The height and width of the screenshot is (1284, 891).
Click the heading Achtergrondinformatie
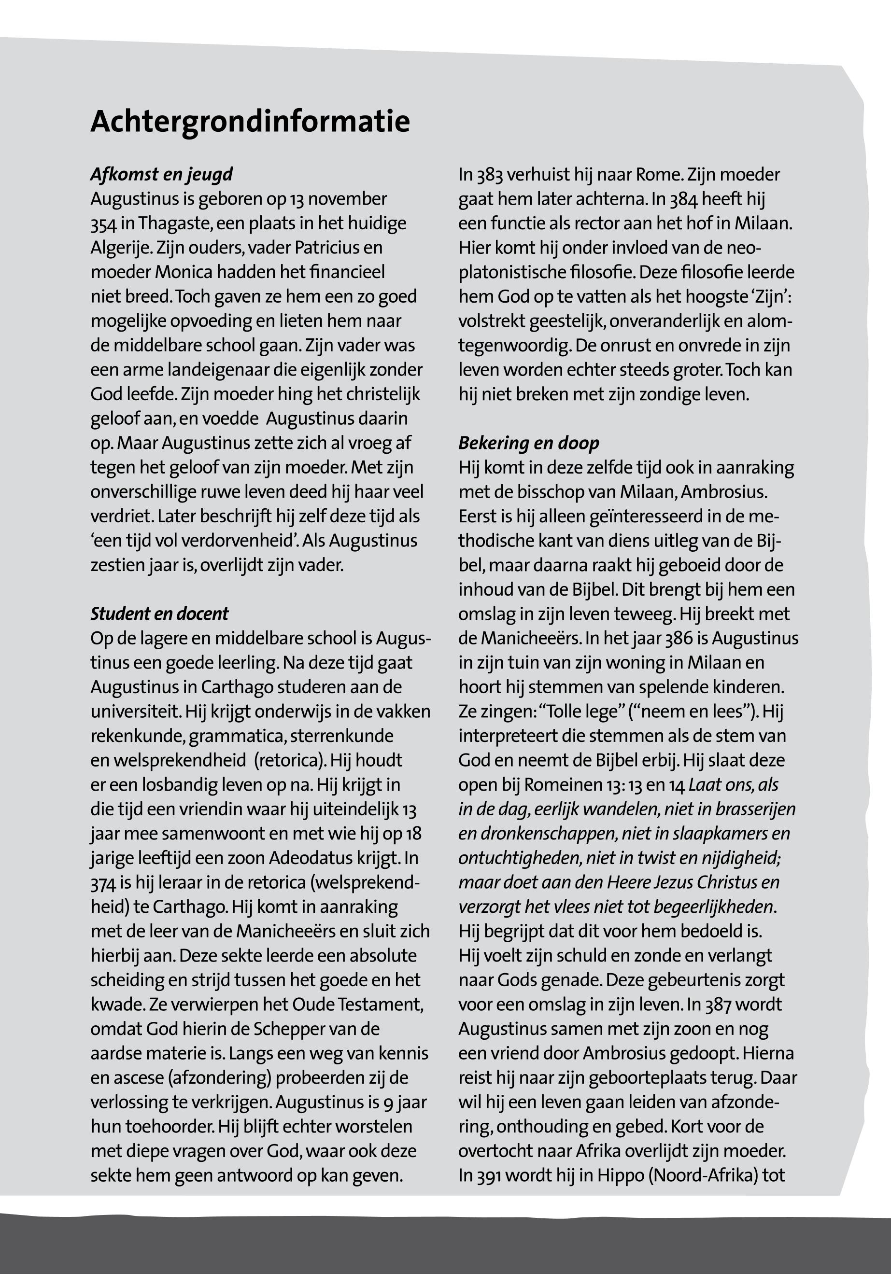click(250, 122)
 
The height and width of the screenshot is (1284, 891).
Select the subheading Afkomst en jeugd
click(161, 175)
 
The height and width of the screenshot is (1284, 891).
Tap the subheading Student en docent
click(160, 614)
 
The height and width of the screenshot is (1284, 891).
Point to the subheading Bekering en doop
click(529, 443)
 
